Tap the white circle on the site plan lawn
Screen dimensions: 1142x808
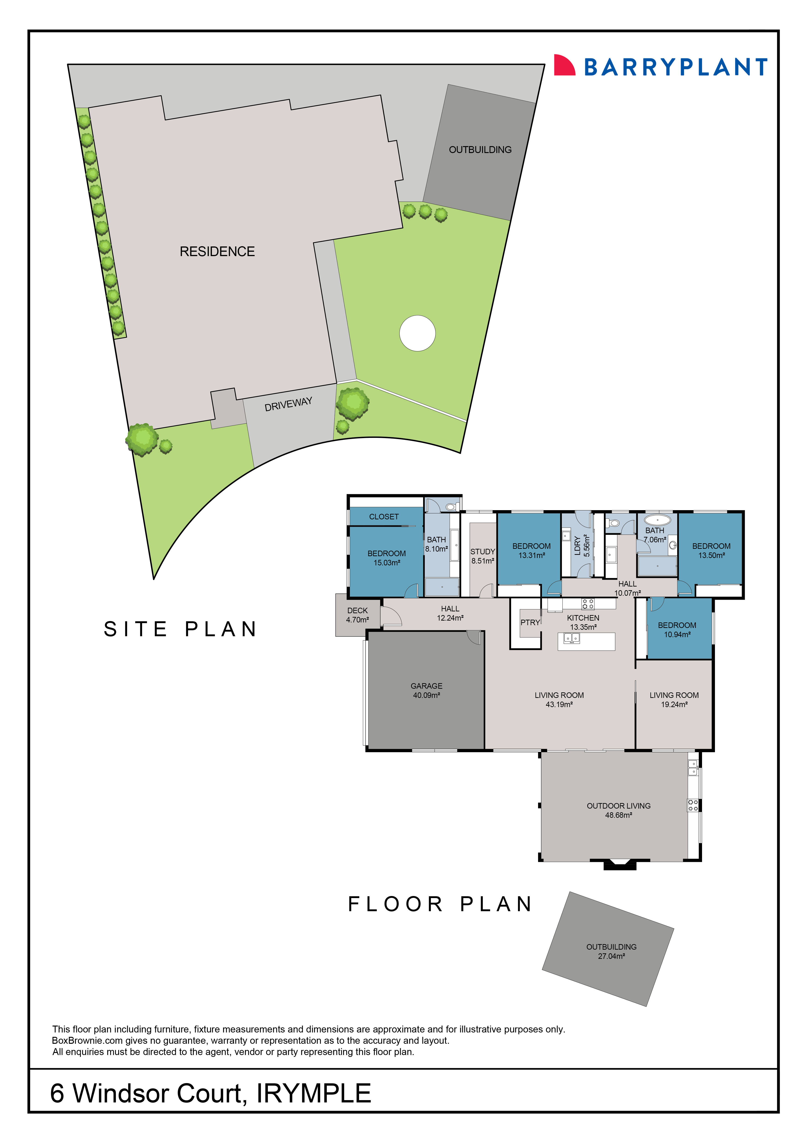coord(417,333)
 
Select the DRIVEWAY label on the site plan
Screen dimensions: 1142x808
coord(288,404)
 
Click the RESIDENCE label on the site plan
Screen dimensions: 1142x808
coord(217,252)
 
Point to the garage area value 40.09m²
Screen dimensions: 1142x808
coord(426,695)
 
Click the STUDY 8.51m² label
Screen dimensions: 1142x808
coord(482,556)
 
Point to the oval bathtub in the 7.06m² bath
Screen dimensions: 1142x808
coord(657,520)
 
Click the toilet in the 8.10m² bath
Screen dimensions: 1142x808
coord(451,507)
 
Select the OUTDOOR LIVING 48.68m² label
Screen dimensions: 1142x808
coord(618,810)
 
